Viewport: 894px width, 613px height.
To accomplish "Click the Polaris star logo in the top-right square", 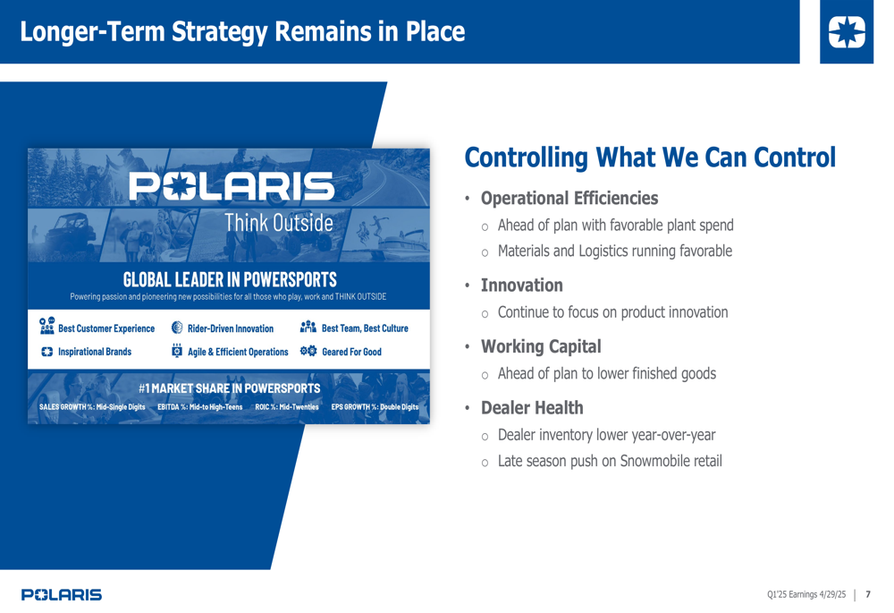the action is pos(847,32).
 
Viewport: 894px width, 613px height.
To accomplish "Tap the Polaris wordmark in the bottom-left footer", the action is pos(62,595).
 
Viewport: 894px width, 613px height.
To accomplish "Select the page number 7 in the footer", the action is pos(868,594).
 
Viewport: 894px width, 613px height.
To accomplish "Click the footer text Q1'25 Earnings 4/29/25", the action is pos(806,594).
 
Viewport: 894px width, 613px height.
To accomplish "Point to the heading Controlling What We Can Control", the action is pos(650,158).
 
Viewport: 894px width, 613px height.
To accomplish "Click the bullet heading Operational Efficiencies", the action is pos(569,198).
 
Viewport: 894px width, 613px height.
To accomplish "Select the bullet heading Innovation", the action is pos(522,285).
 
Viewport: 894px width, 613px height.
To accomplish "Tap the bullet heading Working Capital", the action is pos(541,346).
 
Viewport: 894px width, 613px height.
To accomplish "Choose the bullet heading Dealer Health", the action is pos(532,407).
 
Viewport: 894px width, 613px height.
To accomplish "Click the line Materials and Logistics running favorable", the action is pos(615,251).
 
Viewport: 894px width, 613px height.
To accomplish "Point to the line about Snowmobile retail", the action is pos(610,461).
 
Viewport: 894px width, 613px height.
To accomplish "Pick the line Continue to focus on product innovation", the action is pos(613,312).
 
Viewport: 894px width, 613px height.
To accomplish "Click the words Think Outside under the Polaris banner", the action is pos(279,223).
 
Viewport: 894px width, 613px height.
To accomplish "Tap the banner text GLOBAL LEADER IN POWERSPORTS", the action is pos(230,280).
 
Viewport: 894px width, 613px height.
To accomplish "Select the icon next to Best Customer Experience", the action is pos(46,326).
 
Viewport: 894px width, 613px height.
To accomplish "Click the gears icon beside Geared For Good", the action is pos(308,351).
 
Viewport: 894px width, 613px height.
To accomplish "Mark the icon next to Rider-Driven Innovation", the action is pos(177,327).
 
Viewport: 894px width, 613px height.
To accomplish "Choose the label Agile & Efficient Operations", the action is pos(238,353).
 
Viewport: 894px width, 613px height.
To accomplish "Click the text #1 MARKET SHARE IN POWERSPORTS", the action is pos(229,388).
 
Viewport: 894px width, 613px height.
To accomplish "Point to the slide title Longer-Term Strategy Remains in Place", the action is pos(242,32).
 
